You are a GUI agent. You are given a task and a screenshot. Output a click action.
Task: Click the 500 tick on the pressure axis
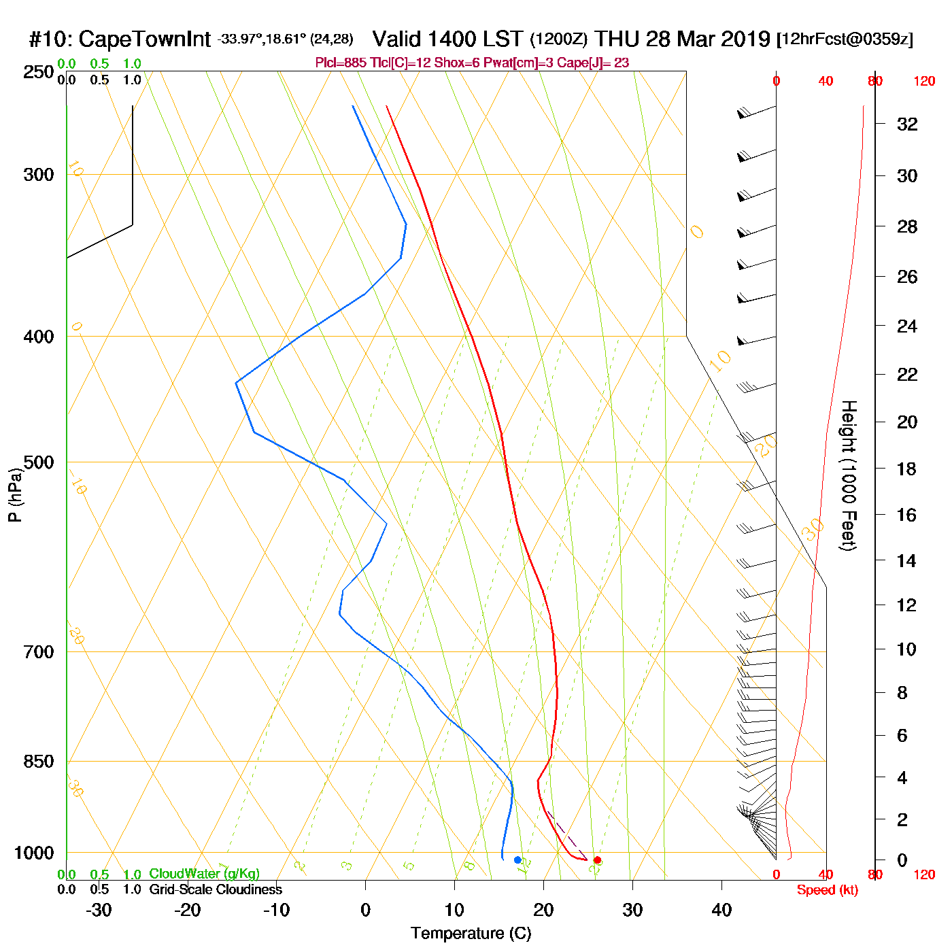coord(39,462)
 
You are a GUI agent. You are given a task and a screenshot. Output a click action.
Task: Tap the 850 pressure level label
coord(39,762)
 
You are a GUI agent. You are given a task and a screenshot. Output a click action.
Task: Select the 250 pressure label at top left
coord(39,72)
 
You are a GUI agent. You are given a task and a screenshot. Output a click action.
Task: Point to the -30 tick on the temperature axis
coord(99,910)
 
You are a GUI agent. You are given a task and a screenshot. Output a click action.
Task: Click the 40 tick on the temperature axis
coord(721,910)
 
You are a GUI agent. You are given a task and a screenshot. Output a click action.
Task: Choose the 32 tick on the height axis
coord(907,124)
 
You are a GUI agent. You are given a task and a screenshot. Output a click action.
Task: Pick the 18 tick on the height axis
coord(906,469)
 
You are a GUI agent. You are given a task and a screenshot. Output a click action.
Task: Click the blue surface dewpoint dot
coord(517,860)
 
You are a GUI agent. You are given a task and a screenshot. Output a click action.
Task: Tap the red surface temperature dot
coord(597,860)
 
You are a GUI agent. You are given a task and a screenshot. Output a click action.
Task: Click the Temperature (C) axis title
coord(471,934)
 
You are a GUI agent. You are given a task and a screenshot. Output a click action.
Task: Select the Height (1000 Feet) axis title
coord(849,475)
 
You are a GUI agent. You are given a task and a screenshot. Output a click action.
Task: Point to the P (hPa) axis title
coord(15,495)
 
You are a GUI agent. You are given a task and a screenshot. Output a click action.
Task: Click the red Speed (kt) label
coord(827,890)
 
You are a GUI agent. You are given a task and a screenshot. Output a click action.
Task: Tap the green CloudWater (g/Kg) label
coord(204,874)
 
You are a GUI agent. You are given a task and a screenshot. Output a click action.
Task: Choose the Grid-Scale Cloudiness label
coord(216,889)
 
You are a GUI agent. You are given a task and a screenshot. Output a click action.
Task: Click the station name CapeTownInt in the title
coord(145,39)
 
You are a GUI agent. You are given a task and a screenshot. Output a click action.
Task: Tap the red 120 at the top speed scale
coord(924,82)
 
